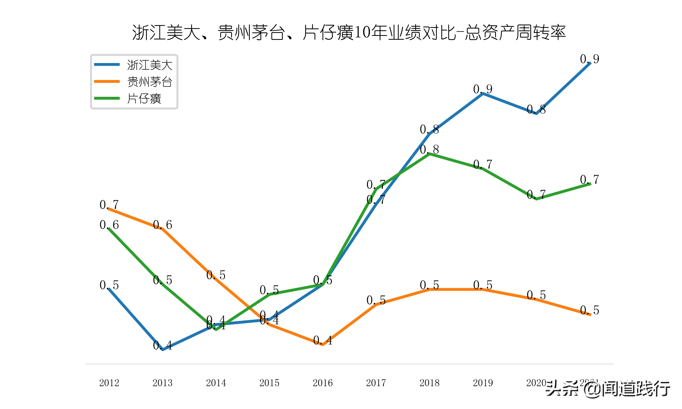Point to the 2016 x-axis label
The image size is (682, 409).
pos(323,383)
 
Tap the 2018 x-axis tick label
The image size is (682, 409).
pos(429,383)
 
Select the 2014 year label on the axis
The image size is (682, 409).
pos(216,383)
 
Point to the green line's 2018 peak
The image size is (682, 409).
pos(429,154)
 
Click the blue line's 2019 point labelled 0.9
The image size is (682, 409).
pos(483,93)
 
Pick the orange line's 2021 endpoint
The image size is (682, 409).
pos(590,314)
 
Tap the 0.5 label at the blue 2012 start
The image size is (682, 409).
pos(109,285)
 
